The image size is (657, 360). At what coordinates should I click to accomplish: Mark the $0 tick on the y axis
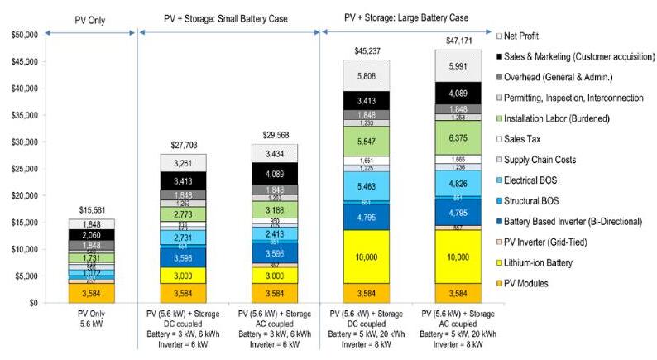[32, 303]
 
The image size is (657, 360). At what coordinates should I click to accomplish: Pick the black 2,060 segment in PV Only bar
[91, 236]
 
